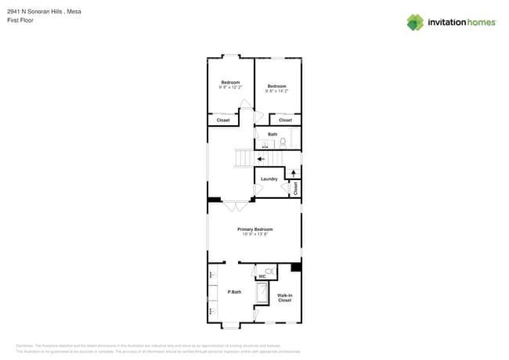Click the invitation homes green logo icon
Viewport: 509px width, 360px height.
click(x=415, y=22)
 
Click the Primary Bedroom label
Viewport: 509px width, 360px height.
click(x=254, y=229)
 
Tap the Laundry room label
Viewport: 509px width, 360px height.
click(x=269, y=179)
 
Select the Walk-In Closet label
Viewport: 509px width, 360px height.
click(x=284, y=297)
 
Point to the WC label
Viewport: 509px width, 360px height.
click(x=263, y=276)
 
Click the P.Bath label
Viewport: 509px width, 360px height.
click(x=233, y=292)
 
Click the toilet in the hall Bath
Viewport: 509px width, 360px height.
click(x=283, y=142)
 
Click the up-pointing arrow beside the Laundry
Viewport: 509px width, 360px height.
click(x=294, y=172)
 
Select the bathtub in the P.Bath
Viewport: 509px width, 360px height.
click(x=263, y=293)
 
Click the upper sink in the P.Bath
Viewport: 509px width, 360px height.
click(x=211, y=275)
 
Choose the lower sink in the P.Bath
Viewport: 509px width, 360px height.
click(x=211, y=311)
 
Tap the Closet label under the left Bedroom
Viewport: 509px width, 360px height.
click(x=223, y=120)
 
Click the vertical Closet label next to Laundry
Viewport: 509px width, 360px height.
click(x=295, y=189)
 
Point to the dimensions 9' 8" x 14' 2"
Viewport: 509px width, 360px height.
click(x=277, y=91)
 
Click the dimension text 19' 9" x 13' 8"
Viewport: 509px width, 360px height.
click(x=254, y=234)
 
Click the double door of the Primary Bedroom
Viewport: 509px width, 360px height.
click(x=234, y=206)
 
